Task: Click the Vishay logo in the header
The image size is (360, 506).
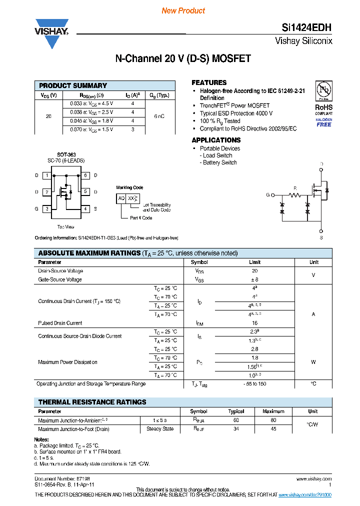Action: coord(51,31)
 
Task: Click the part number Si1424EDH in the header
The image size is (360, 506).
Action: coord(305,28)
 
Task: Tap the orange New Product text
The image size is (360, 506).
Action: coord(183,10)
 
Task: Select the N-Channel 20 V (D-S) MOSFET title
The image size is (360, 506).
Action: coord(183,58)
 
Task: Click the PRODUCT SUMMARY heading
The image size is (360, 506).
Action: coord(73,85)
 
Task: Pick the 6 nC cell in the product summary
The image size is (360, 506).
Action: coord(159,116)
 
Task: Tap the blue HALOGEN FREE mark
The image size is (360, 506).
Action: coord(323,122)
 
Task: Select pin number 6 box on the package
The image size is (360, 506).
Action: coord(86,175)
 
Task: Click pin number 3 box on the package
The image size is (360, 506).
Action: coord(46,208)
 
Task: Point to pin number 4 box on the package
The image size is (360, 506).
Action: coord(86,208)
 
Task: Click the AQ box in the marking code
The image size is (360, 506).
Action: coord(121,198)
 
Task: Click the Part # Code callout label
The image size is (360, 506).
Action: coord(141,218)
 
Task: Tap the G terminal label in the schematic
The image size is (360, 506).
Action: coord(268,194)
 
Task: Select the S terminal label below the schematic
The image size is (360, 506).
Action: coord(321,238)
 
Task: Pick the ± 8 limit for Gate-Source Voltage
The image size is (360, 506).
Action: coord(254,279)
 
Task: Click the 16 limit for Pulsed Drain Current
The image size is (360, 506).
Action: coord(254,323)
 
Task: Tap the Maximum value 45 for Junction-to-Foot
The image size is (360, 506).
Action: coord(273,428)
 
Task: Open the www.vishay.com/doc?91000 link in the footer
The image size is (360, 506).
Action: coord(304,494)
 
